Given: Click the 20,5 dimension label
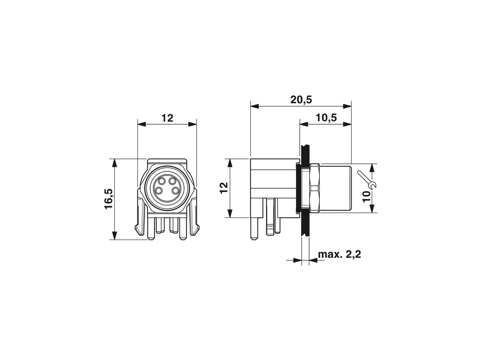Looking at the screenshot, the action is tap(301, 99).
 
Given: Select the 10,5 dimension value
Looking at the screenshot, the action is tap(326, 117).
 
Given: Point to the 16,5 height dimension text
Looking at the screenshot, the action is tap(109, 199).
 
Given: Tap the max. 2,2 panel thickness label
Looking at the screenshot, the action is tap(339, 254).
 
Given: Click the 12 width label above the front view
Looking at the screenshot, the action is tap(168, 118).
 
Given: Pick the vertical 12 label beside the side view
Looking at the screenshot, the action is tap(224, 188).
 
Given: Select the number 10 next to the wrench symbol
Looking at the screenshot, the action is tap(367, 196).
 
